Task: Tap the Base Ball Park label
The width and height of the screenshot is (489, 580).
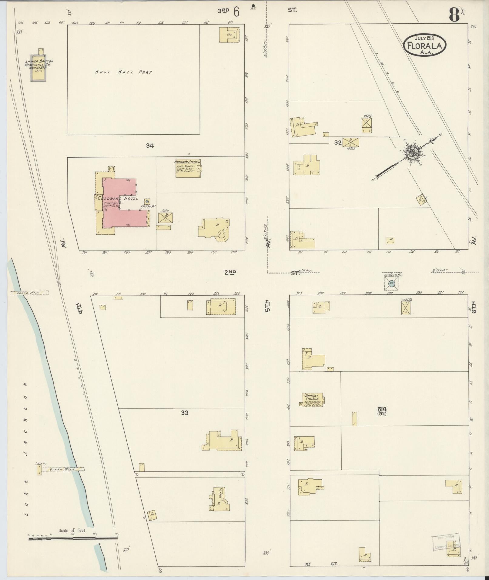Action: click(123, 72)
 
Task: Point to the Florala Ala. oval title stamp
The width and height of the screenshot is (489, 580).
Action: click(424, 45)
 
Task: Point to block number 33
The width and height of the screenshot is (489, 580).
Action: click(185, 413)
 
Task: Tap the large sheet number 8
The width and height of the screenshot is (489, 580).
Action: click(454, 15)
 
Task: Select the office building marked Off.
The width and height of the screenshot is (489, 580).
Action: click(229, 35)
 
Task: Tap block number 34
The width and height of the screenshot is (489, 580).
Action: click(150, 146)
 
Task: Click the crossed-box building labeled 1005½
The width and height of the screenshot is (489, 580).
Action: click(351, 142)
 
